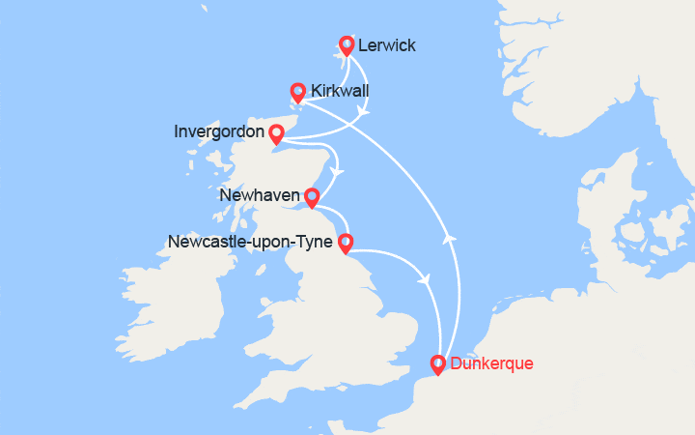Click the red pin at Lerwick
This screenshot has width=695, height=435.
(347, 45)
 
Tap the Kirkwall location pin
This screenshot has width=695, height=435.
(298, 92)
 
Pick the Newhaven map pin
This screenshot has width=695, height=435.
(312, 197)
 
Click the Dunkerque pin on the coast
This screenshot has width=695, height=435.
(437, 364)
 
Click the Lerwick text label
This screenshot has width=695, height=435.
(387, 45)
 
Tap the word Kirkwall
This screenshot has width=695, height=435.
(340, 91)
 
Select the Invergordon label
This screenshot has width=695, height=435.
(219, 131)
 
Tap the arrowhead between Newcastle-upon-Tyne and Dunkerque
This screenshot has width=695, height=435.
(424, 279)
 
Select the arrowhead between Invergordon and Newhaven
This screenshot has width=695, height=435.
(337, 174)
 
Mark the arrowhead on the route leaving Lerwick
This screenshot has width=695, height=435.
(362, 112)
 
